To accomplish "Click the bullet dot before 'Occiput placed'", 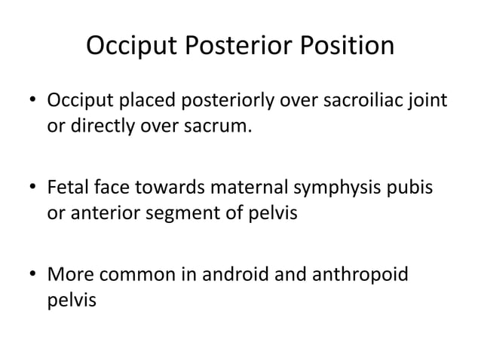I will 32,100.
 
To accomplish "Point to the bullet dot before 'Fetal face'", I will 32,185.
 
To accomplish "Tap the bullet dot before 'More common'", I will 32,270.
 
